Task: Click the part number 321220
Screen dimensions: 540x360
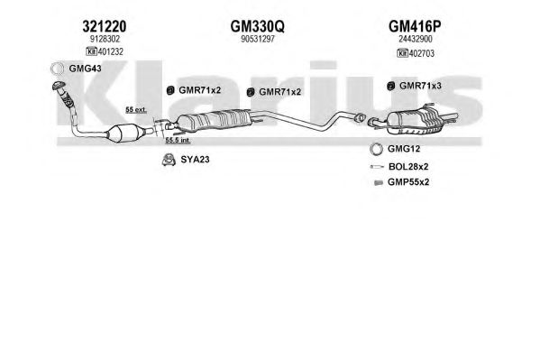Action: click(x=105, y=26)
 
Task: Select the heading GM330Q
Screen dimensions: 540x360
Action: click(x=257, y=26)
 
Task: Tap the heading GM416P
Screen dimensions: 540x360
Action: click(x=415, y=26)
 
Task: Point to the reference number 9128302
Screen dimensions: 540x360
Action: click(x=105, y=39)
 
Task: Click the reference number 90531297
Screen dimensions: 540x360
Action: click(x=258, y=39)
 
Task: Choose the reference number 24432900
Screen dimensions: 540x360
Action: click(x=416, y=39)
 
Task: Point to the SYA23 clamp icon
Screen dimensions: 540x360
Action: click(x=169, y=160)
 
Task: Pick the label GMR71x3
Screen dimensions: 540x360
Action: click(x=420, y=86)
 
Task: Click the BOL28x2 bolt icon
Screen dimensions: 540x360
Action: click(x=377, y=167)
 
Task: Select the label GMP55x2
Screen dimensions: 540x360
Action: click(x=408, y=182)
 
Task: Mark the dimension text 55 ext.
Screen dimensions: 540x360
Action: click(x=136, y=110)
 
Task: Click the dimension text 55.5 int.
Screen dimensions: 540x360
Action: click(x=178, y=141)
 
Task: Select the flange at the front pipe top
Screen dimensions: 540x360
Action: click(x=59, y=85)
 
